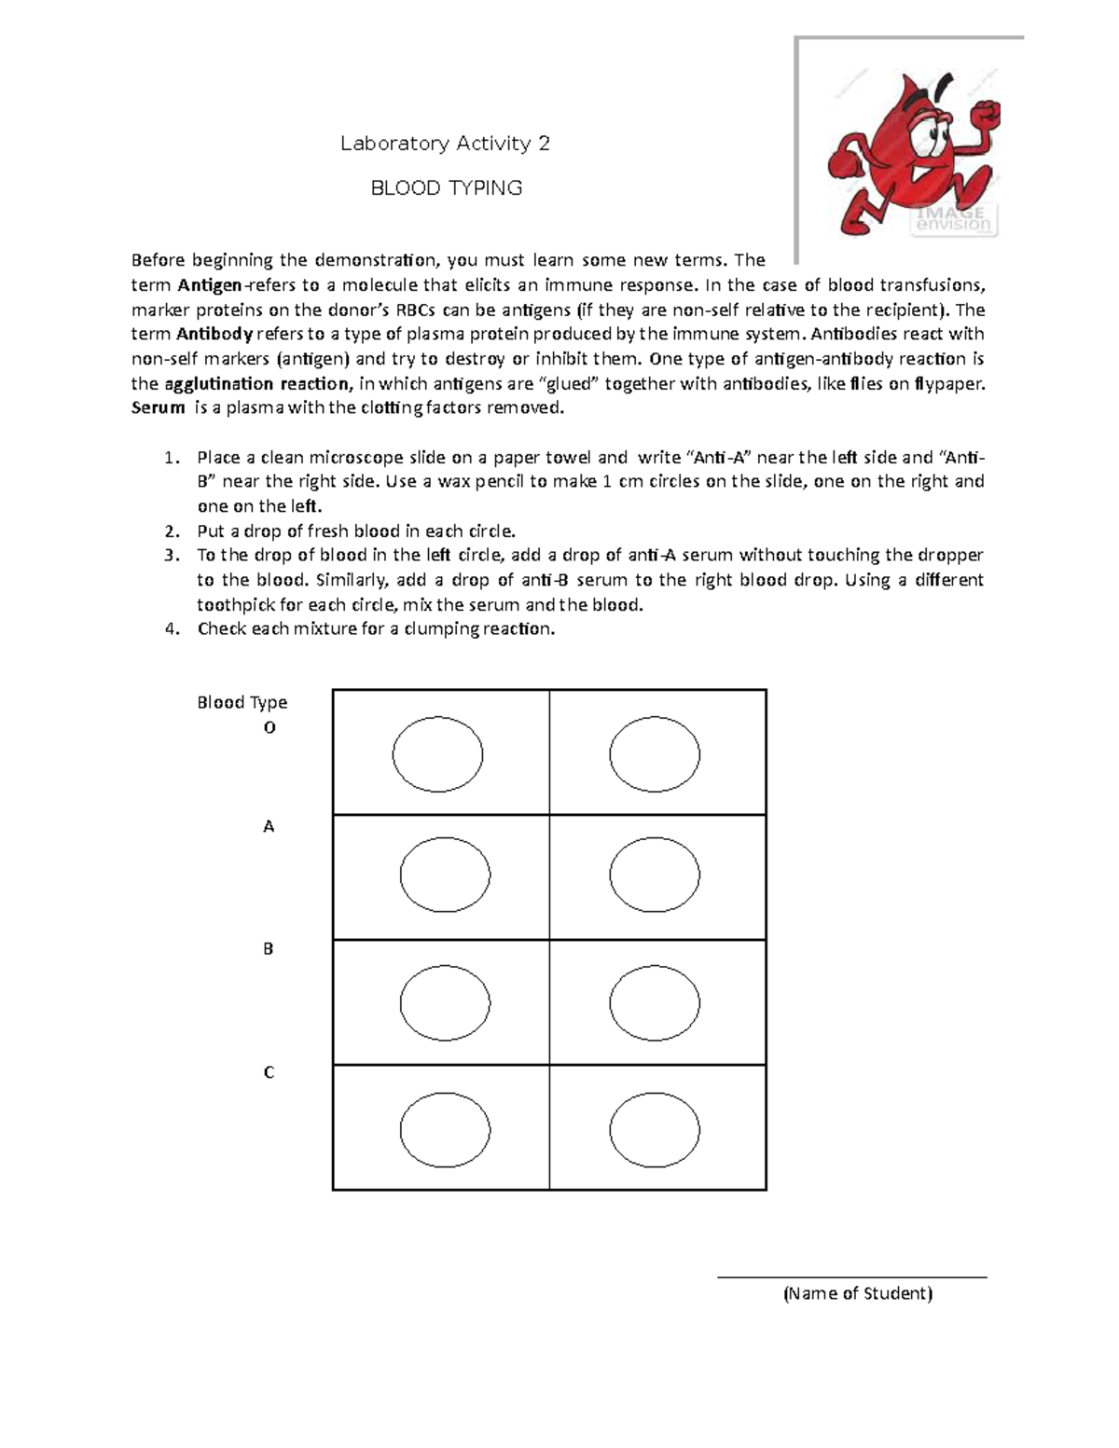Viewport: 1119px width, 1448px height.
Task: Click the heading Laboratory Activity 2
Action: [x=445, y=144]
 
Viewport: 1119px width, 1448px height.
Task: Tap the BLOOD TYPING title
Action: [x=447, y=188]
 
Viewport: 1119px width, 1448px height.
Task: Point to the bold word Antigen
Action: [x=210, y=285]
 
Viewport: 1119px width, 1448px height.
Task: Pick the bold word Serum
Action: [x=158, y=407]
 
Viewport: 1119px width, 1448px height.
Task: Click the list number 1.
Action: [x=169, y=458]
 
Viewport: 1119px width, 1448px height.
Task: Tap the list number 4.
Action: [x=170, y=628]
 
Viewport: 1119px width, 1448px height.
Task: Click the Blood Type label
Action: [x=242, y=702]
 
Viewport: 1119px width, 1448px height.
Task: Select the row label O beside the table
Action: [x=269, y=727]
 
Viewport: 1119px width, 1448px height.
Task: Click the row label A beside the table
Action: [x=269, y=826]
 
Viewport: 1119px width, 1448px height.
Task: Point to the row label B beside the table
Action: [x=269, y=949]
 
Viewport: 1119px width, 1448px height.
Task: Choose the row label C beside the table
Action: [x=269, y=1072]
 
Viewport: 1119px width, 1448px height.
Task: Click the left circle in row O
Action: [x=437, y=754]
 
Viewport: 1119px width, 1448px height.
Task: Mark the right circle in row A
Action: [x=655, y=876]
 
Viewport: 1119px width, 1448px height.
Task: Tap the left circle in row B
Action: [x=445, y=1003]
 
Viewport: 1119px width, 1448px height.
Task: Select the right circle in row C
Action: [x=655, y=1129]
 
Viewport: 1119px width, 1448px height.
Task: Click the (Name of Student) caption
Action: [x=857, y=1293]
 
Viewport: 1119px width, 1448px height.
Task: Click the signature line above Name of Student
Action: [x=851, y=1277]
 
